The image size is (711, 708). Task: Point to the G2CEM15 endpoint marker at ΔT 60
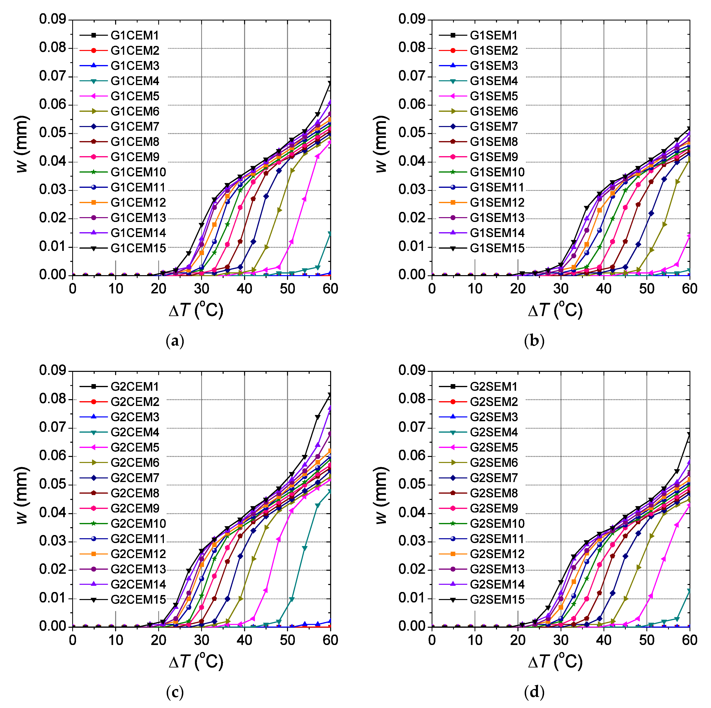330,395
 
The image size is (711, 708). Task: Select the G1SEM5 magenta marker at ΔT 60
689,236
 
